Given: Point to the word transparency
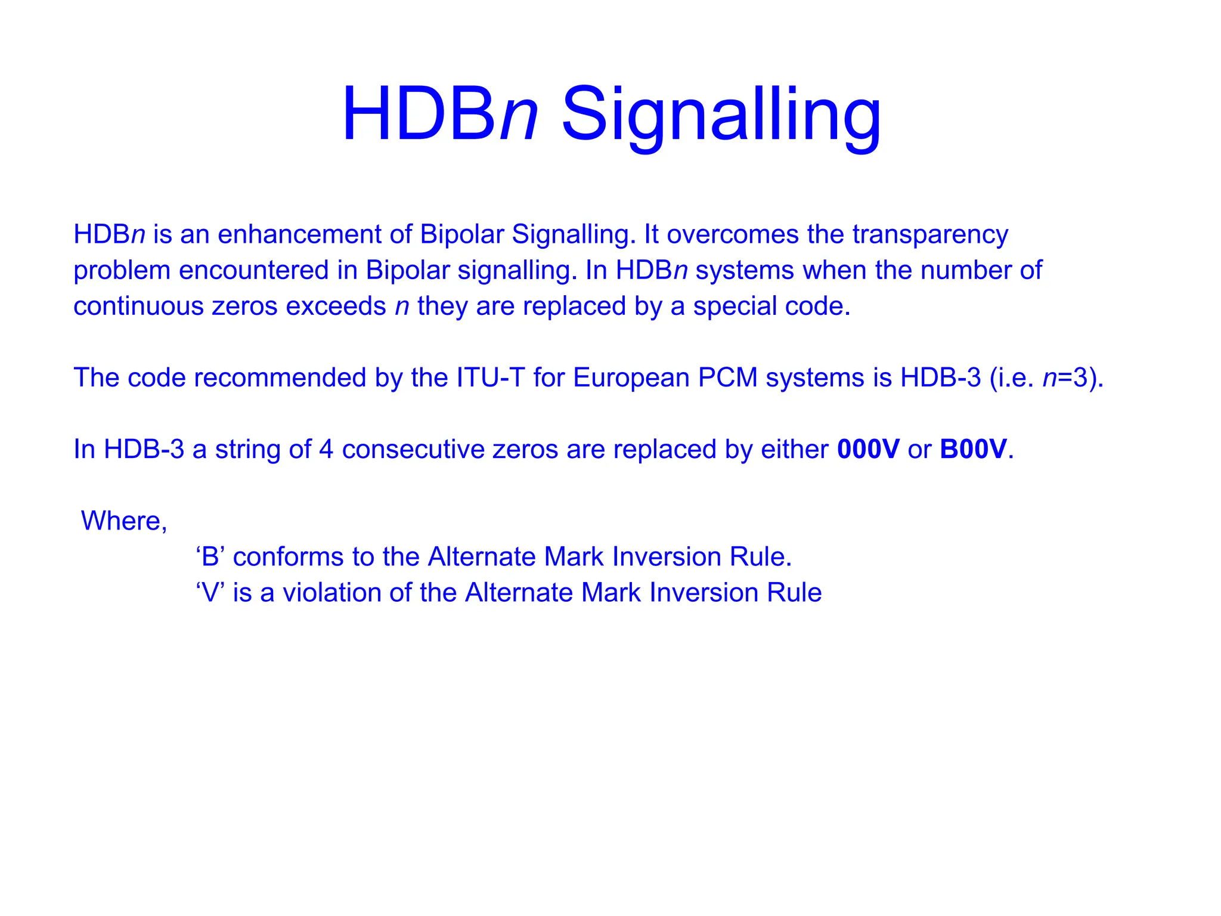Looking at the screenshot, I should pyautogui.click(x=930, y=234).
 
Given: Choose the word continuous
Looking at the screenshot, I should pyautogui.click(x=138, y=306).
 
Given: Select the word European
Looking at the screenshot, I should pyautogui.click(x=631, y=377).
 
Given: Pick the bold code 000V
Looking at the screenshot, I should pyautogui.click(x=868, y=449).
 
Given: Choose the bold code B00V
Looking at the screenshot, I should pyautogui.click(x=973, y=449).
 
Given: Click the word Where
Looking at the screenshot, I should pyautogui.click(x=123, y=521).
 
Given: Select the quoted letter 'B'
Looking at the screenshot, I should pyautogui.click(x=210, y=556).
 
